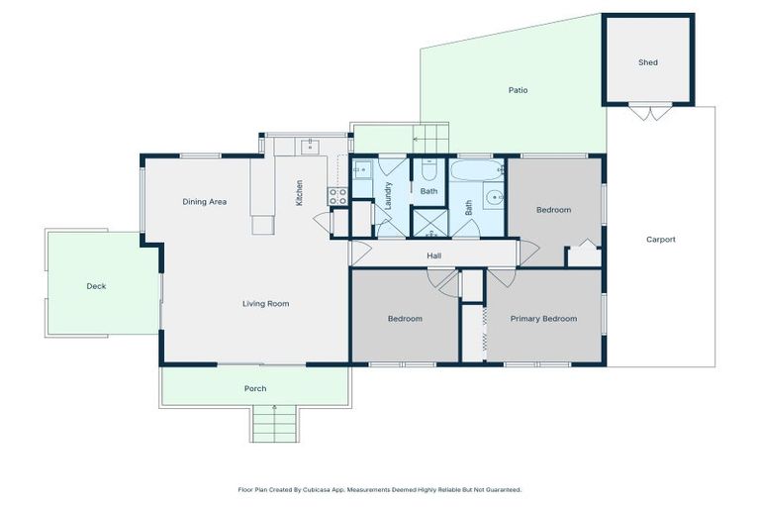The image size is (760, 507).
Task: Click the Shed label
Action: coord(647,62)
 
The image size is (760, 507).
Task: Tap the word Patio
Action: coord(518,90)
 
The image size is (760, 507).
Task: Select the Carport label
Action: coord(660,240)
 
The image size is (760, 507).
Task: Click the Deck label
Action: coord(96,286)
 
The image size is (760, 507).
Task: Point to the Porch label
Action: coord(255,388)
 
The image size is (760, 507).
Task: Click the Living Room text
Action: coord(265,304)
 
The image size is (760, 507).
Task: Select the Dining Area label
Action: coord(205,202)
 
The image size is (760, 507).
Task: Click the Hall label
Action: coord(433,255)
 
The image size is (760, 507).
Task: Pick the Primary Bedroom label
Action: coord(543,319)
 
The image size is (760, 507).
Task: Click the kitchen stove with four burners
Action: coord(337,196)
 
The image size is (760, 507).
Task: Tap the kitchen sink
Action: coord(309,147)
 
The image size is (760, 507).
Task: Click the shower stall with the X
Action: coord(429,222)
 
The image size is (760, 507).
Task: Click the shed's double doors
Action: coord(649,112)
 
